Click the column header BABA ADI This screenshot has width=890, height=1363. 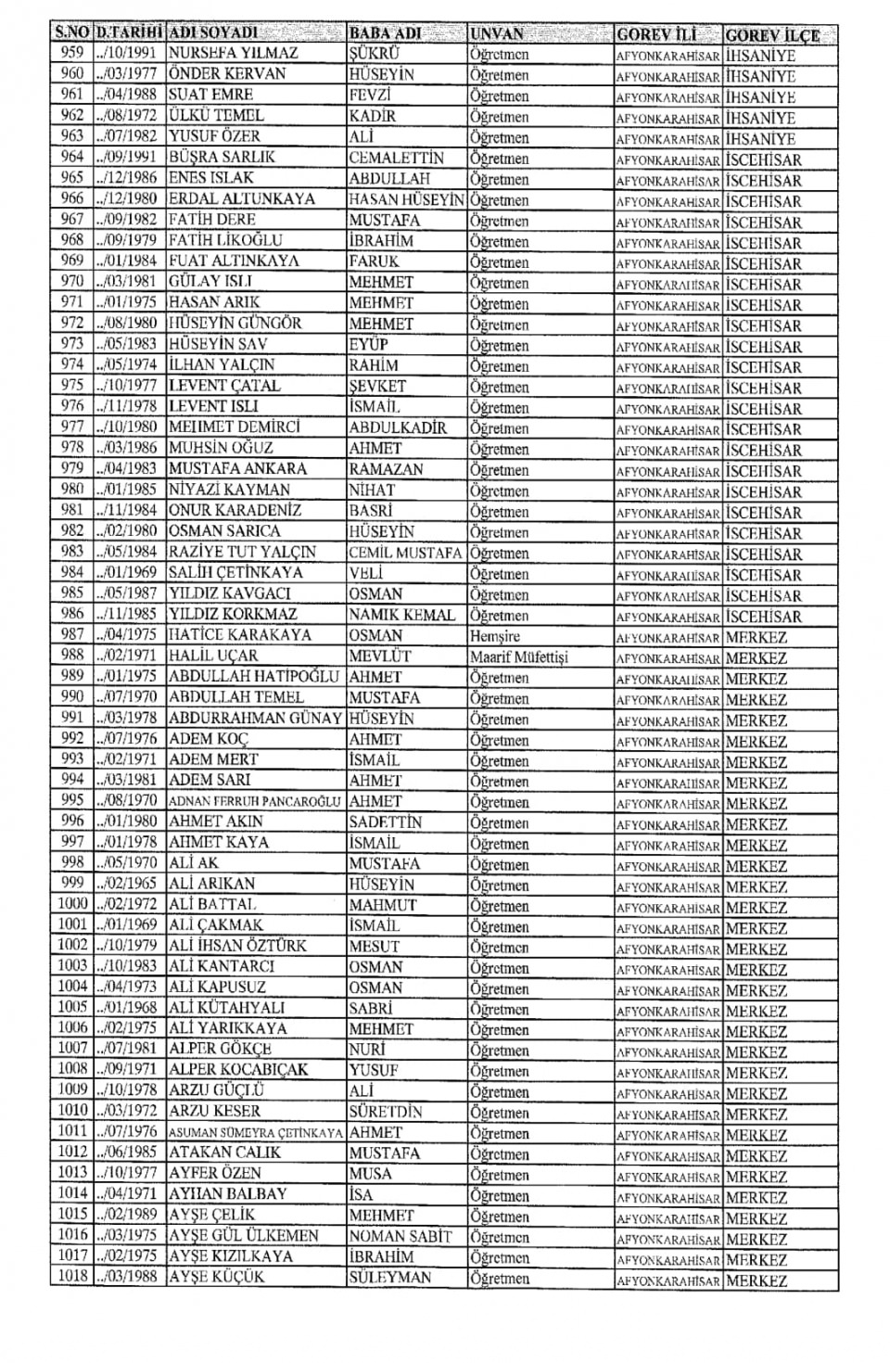(385, 33)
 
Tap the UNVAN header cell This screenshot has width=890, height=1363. (497, 34)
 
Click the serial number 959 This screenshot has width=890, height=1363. (71, 53)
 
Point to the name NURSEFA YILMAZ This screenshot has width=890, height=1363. (233, 54)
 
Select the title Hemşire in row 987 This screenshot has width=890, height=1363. (495, 637)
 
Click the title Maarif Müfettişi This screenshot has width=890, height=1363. (518, 657)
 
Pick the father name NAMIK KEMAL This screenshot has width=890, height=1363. (402, 615)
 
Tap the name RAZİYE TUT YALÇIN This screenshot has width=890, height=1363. (242, 552)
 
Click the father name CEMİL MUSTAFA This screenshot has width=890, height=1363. (405, 553)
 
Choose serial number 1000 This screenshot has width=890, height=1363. (71, 904)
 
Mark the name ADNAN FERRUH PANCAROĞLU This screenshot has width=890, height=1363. (255, 801)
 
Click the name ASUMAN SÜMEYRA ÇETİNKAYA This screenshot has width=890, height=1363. (257, 1132)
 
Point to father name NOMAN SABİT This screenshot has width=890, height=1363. (400, 1236)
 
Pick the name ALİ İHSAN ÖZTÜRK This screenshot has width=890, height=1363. (237, 946)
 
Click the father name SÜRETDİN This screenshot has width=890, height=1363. (386, 1111)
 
